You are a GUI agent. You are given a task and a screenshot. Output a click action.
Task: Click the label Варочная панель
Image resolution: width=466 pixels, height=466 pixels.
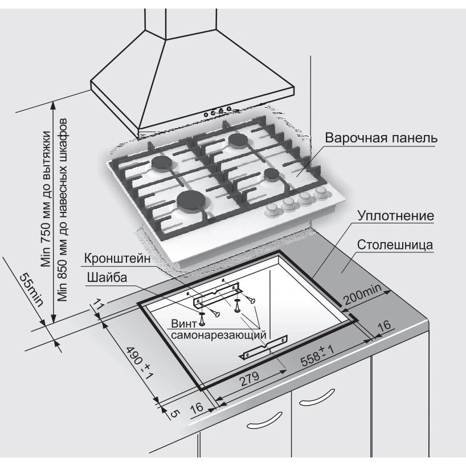pos(381,138)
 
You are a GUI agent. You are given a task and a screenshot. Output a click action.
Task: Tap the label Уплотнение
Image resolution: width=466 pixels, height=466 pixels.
pos(396,216)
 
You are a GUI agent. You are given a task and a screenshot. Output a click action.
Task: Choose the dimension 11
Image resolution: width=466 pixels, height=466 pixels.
pos(97,306)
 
